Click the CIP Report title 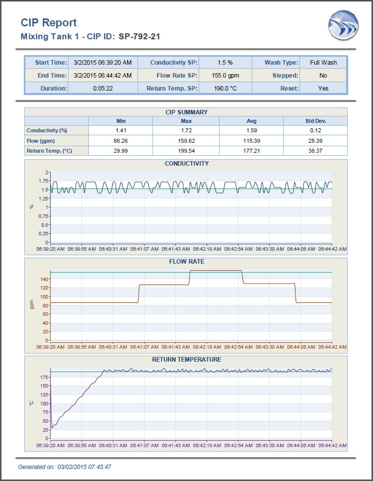tap(49, 23)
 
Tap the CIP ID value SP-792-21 tap(140, 36)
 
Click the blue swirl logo tap(343, 25)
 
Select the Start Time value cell tap(103, 63)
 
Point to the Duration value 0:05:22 tap(103, 89)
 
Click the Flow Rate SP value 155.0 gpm tap(225, 76)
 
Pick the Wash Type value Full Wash tap(323, 63)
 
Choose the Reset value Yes tap(323, 89)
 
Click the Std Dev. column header tap(316, 121)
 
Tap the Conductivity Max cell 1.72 tap(186, 130)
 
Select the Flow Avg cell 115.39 tap(251, 141)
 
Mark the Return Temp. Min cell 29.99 tap(121, 151)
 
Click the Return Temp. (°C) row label tap(49, 151)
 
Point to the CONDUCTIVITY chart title tap(187, 164)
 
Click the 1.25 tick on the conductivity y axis tap(43, 198)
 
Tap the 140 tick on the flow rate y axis tap(44, 279)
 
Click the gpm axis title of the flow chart tap(32, 304)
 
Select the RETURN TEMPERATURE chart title tap(187, 360)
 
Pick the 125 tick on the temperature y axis tap(44, 394)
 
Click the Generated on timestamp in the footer tap(65, 467)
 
